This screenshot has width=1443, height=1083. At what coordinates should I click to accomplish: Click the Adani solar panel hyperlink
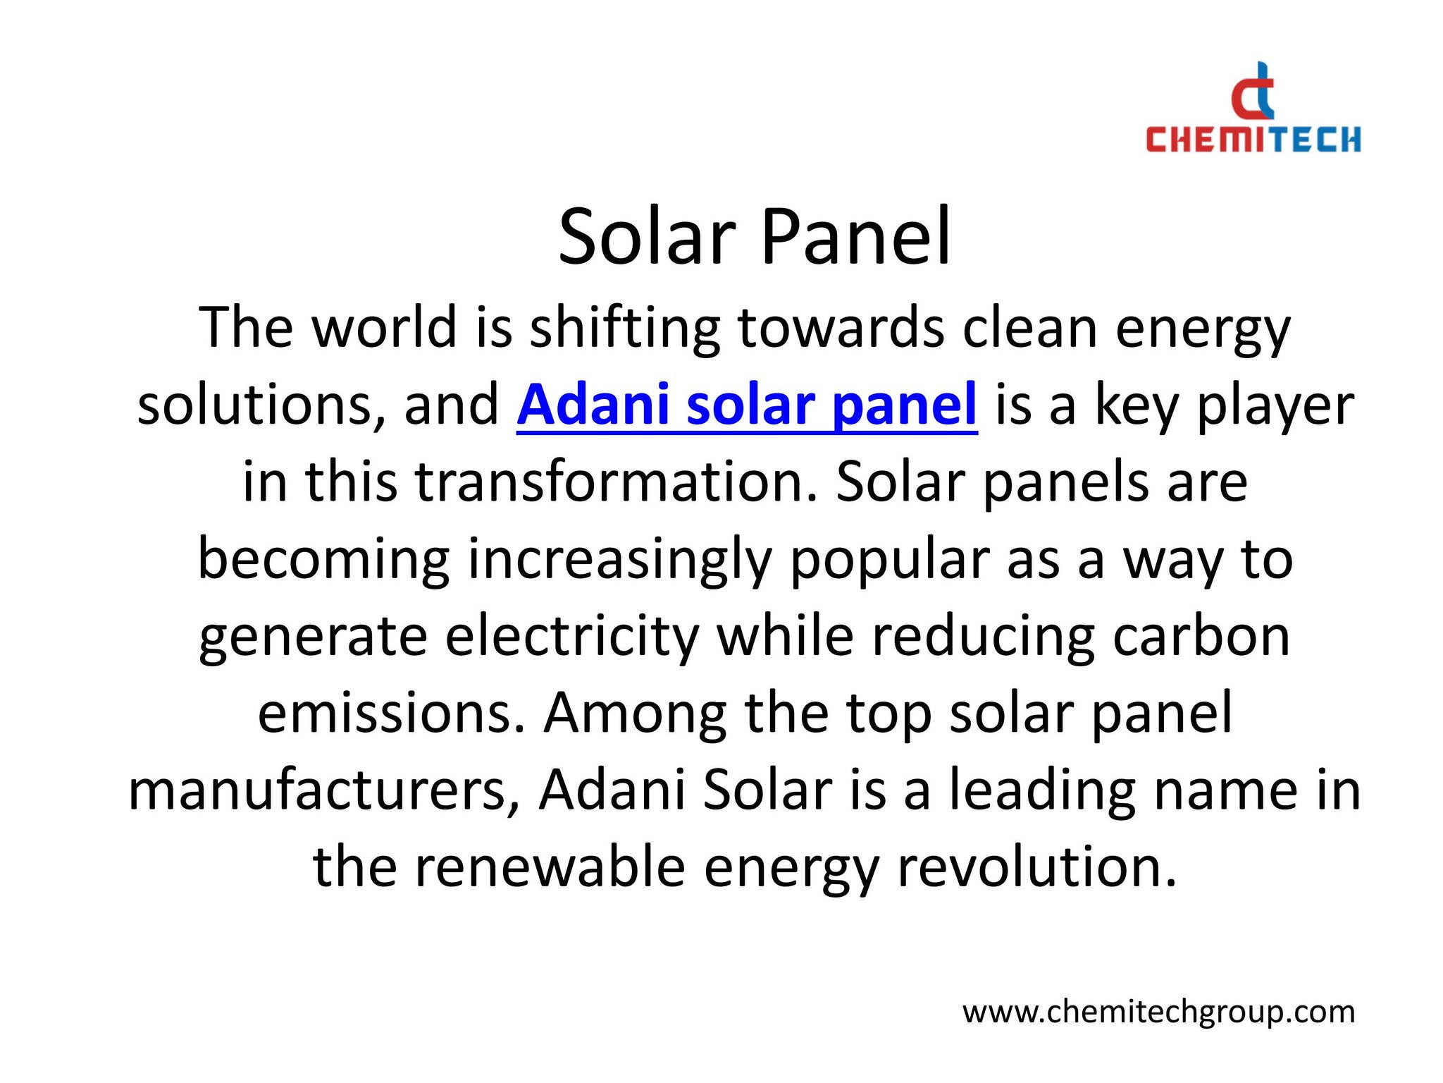tap(747, 405)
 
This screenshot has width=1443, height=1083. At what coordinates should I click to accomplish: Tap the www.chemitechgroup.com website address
tap(1158, 1012)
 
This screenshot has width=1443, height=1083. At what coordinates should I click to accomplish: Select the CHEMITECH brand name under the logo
tap(1253, 140)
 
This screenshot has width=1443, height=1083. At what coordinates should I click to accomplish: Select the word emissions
tap(391, 714)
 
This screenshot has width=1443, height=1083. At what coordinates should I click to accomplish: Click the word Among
tap(635, 714)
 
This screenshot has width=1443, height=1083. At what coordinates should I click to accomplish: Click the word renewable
tap(550, 868)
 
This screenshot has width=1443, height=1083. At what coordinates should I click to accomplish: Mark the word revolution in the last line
tap(1036, 868)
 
